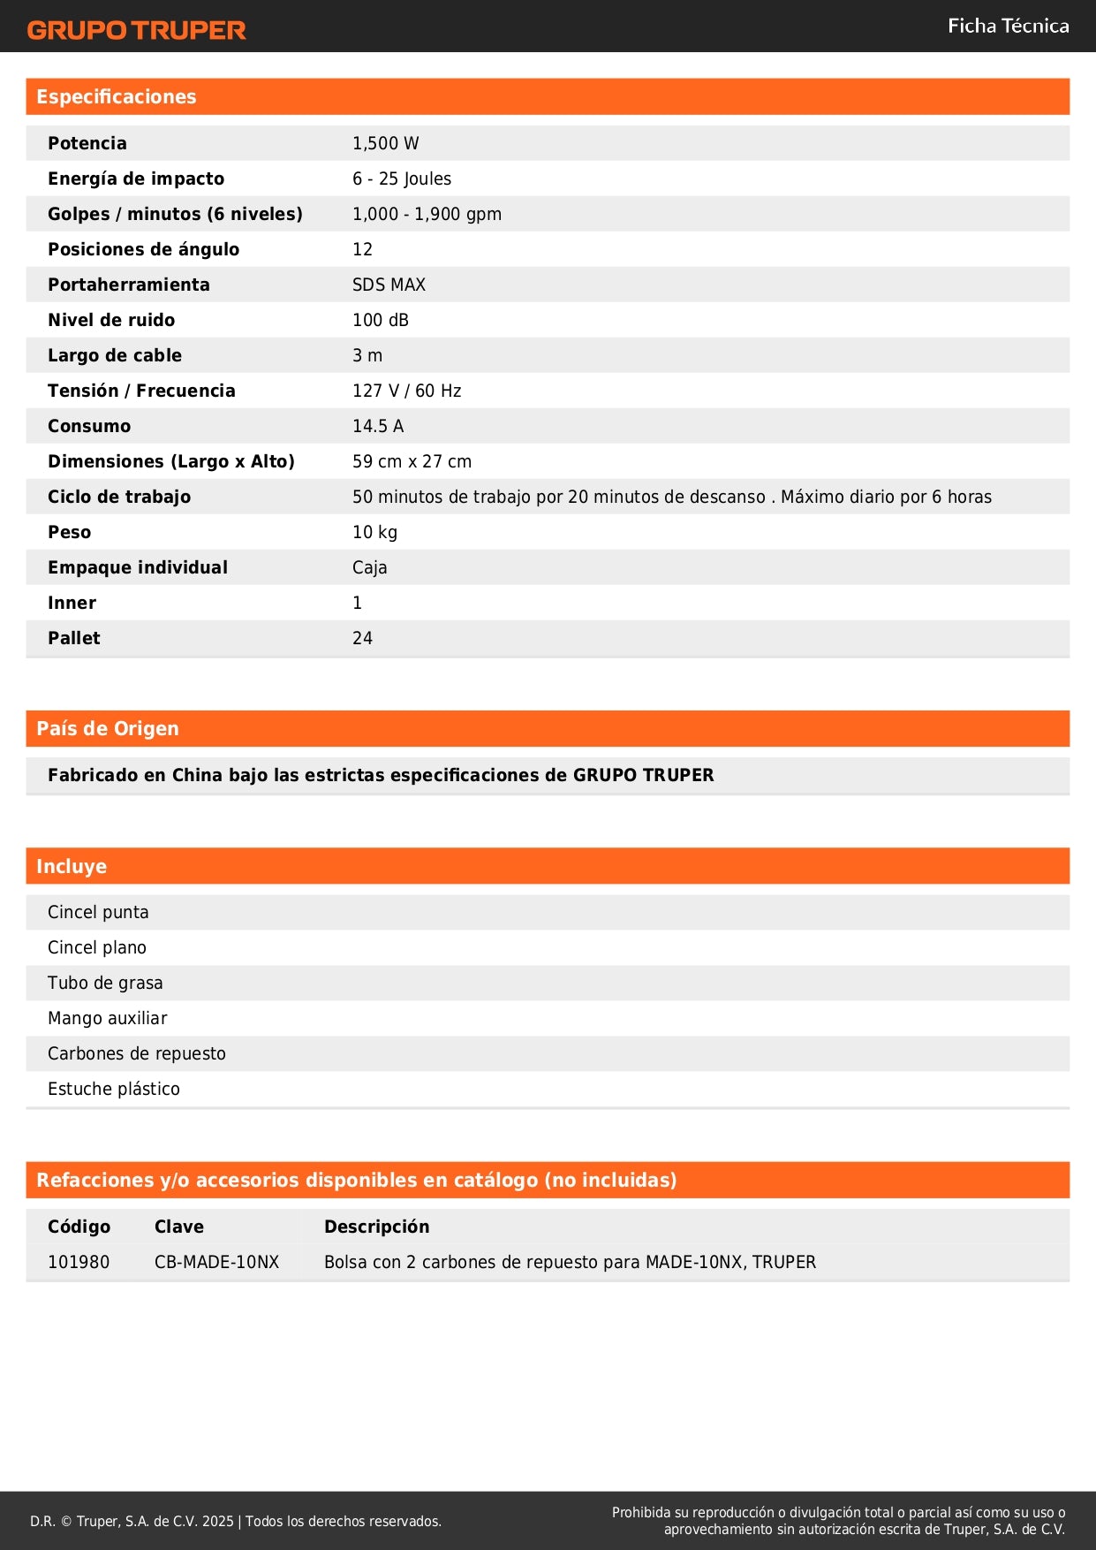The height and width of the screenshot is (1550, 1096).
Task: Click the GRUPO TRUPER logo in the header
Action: [136, 30]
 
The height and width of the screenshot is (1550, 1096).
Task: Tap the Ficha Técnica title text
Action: [1008, 26]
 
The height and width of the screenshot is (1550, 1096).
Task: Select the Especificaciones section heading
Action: [117, 97]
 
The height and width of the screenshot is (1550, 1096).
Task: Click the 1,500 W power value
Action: [385, 143]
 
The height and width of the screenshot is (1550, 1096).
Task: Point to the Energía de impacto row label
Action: [136, 179]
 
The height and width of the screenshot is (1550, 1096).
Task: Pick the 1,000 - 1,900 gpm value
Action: [427, 214]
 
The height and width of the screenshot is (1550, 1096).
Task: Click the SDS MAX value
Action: [389, 285]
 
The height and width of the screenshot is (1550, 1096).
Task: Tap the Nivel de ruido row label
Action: [111, 320]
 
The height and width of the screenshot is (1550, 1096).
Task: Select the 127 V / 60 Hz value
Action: [406, 391]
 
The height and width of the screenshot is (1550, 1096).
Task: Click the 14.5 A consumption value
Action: [378, 426]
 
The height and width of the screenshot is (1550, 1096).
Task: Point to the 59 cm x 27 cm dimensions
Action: [412, 461]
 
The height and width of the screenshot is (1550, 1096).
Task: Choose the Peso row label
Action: [70, 532]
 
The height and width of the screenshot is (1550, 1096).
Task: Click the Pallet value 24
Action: [362, 638]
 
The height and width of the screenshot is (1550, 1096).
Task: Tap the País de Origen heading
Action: [108, 729]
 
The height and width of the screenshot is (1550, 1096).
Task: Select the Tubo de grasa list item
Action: [105, 983]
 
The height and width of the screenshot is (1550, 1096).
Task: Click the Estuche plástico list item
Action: [114, 1089]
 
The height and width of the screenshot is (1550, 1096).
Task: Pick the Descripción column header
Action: [376, 1227]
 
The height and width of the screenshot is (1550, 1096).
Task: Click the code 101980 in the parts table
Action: [79, 1262]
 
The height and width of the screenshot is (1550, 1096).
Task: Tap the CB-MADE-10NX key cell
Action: [216, 1262]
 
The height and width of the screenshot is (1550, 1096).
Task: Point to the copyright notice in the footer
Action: [236, 1521]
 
